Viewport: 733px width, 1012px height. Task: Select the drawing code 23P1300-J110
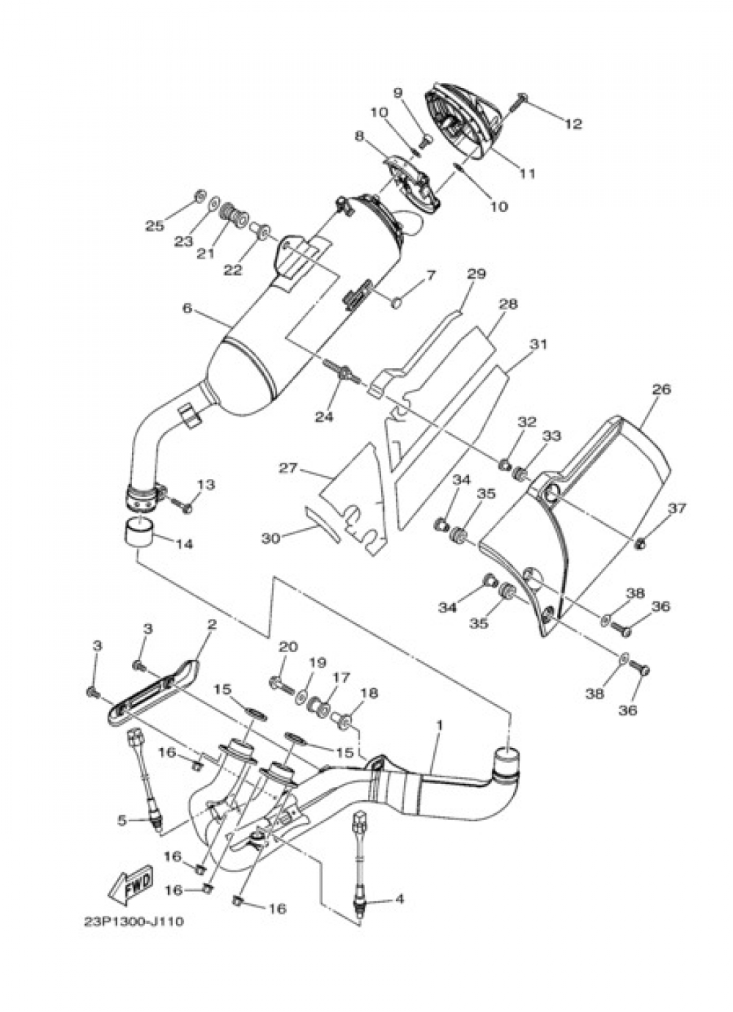coord(134,922)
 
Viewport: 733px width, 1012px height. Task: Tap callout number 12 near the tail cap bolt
coord(573,124)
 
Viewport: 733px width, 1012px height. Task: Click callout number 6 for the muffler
coord(187,308)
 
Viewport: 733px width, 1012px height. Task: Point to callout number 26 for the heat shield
coord(661,389)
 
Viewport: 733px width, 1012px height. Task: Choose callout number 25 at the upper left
coord(154,226)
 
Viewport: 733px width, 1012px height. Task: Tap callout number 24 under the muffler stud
coord(324,416)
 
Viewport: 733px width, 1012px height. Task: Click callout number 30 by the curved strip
coord(271,538)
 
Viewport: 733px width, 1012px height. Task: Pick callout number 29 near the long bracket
coord(476,274)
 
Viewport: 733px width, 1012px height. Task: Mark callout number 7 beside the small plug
coord(430,276)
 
